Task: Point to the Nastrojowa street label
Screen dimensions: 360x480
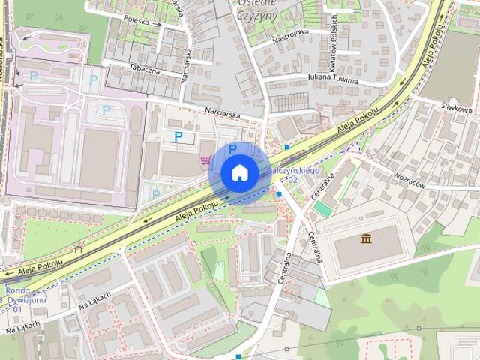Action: pos(291,34)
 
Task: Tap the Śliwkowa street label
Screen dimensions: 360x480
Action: pos(457,109)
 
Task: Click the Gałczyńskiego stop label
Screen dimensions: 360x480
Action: pos(292,172)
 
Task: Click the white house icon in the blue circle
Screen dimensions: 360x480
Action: pos(238,173)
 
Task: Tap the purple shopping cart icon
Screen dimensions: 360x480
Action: pos(205,159)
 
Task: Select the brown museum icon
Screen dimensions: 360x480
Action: pos(367,239)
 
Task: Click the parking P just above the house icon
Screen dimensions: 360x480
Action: pos(232,148)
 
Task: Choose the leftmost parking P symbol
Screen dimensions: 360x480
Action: pos(33,76)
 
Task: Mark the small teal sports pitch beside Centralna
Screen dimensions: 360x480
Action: pos(322,207)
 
